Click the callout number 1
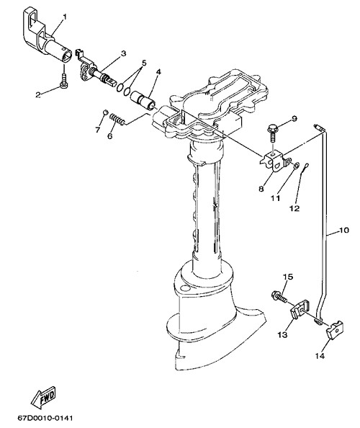65,17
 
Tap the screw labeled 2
64,81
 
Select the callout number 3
124,53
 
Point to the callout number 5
143,63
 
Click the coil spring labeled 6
117,120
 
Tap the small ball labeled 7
105,112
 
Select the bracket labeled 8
276,161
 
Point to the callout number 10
344,230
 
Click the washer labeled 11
296,165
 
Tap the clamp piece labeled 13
300,308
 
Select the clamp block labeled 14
335,329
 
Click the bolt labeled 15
279,297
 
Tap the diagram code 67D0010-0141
45,418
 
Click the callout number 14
320,356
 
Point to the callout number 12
294,208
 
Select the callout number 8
261,189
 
